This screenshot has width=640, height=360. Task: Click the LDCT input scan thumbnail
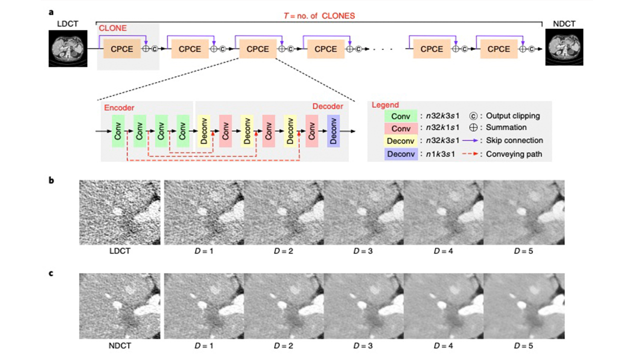tap(67, 48)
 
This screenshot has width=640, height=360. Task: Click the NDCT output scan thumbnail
tap(564, 49)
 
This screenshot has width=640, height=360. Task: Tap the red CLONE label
tap(112, 28)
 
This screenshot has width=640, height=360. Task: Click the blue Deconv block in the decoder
tap(333, 131)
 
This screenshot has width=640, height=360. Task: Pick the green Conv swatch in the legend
tap(401, 115)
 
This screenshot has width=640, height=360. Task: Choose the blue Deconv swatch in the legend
tap(401, 153)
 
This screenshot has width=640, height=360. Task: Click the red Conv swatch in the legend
tap(401, 128)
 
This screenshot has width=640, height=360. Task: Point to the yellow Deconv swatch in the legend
tap(401, 141)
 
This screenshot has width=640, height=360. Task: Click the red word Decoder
tap(327, 106)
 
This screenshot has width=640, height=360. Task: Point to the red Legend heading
tap(385, 105)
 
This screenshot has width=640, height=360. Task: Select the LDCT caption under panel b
tap(119, 250)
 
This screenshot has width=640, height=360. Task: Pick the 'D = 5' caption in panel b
tap(523, 250)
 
